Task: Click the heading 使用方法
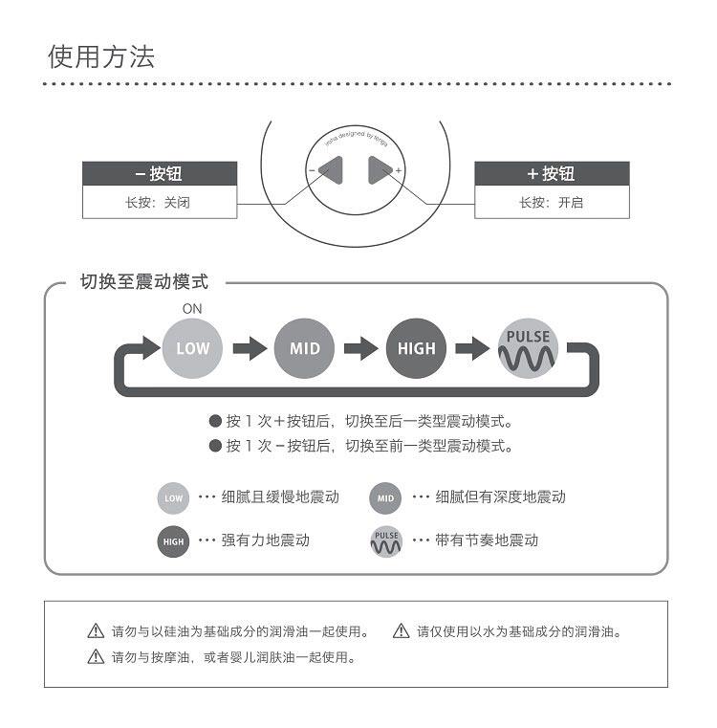[101, 56]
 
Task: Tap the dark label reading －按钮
[159, 174]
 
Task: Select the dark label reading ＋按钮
[552, 174]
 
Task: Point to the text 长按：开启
[551, 203]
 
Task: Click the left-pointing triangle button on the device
[331, 170]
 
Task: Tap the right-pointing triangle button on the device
[380, 170]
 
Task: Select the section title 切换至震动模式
[143, 282]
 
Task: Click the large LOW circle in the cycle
[192, 348]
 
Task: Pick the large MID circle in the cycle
[304, 348]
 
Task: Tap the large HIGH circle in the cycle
[416, 348]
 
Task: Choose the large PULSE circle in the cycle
[528, 348]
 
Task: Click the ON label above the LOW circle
[192, 309]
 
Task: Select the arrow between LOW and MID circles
[250, 348]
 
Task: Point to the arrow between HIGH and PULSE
[472, 348]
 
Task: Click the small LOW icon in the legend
[173, 498]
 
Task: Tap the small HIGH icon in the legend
[173, 541]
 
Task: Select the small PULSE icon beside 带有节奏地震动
[386, 541]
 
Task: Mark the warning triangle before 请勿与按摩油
[95, 657]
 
